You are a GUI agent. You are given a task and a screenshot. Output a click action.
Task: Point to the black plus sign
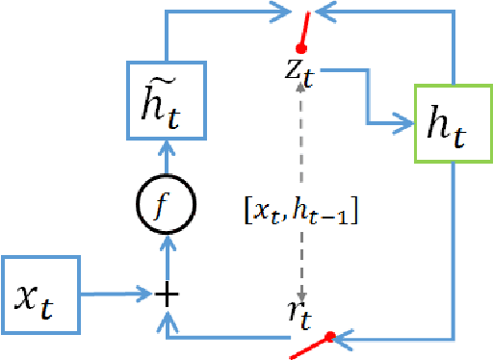pyautogui.click(x=168, y=294)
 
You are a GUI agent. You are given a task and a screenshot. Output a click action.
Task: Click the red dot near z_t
pyautogui.click(x=300, y=47)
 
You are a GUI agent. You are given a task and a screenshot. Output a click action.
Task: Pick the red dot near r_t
pyautogui.click(x=330, y=337)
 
